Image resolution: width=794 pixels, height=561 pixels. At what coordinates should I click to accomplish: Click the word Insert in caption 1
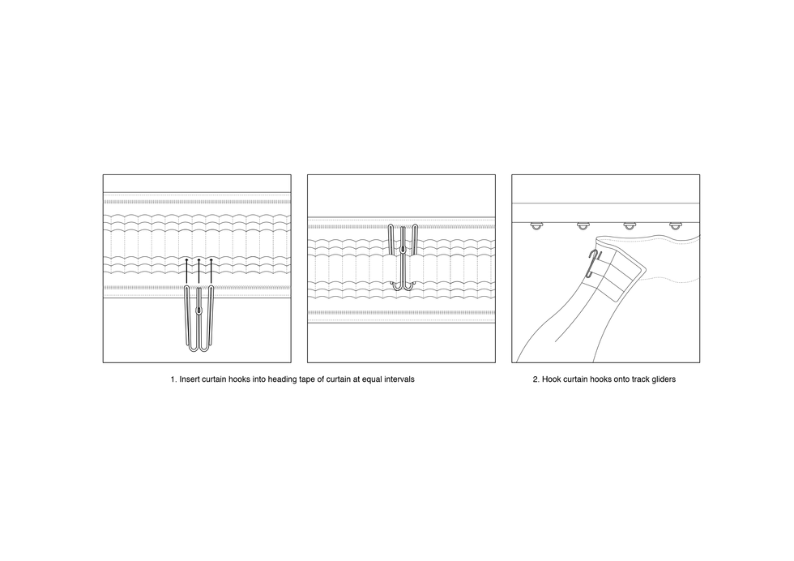coord(190,379)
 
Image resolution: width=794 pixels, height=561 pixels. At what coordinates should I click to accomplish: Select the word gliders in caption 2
coord(663,379)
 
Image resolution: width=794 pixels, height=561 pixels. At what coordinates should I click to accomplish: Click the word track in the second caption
coord(637,379)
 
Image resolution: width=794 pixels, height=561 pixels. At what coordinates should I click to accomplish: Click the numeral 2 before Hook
coord(536,379)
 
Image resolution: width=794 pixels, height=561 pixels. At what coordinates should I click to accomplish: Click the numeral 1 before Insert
coord(173,379)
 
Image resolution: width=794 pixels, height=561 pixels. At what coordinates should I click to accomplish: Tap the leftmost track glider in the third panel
coord(536,225)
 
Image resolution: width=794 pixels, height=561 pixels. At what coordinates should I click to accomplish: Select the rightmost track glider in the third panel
coord(676,225)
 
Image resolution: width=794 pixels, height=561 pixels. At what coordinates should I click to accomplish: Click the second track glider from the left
coord(583,225)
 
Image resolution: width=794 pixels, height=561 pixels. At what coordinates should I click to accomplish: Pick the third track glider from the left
coord(629,225)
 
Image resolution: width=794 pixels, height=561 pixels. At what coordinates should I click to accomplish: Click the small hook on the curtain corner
coord(591,263)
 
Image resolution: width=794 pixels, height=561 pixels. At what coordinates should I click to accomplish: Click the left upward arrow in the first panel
coord(186,271)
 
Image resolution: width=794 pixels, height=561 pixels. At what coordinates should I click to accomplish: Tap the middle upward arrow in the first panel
coord(198,271)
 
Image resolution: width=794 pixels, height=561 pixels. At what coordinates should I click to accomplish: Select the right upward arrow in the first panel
coord(211,271)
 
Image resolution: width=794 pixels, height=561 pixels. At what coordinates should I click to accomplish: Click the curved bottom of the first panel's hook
coord(199,349)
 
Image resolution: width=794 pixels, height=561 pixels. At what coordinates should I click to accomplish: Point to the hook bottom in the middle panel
coord(402,287)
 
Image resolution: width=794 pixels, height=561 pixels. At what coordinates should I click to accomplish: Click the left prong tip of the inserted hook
coord(391,226)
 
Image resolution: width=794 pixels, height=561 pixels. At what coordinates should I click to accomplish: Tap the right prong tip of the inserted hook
coord(415,226)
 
